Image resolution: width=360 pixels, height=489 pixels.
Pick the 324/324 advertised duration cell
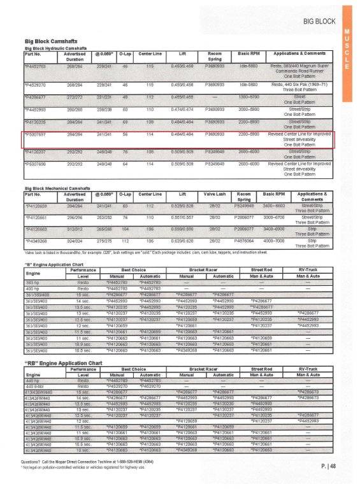[x=76, y=242]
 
